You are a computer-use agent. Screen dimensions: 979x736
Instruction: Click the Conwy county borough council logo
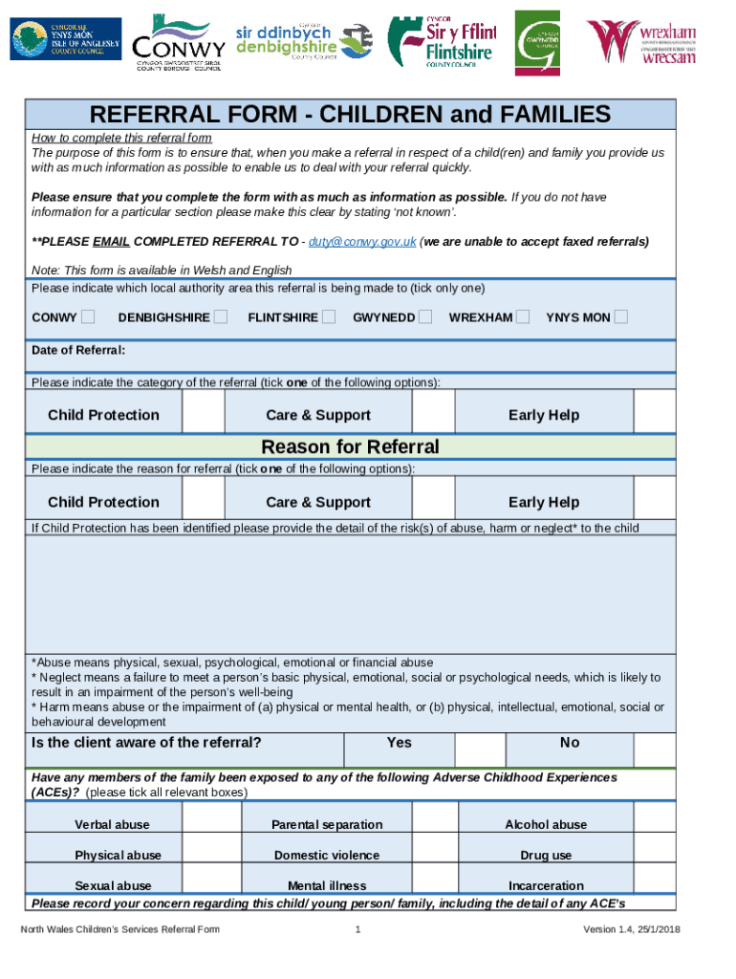[178, 43]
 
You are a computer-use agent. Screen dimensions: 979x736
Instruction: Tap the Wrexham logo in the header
[641, 41]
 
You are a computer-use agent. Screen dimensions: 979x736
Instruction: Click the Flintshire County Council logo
[441, 42]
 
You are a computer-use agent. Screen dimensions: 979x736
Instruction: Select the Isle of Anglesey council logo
[66, 39]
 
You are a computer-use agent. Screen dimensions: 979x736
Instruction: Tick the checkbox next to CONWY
[88, 316]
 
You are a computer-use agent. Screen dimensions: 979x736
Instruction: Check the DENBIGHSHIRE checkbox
[221, 316]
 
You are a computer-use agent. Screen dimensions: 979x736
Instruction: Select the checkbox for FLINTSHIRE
[329, 316]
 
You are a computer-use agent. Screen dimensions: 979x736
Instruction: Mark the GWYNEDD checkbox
[425, 316]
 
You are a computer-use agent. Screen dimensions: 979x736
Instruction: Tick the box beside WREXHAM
[522, 316]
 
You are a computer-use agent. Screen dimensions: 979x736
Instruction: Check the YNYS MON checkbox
[621, 316]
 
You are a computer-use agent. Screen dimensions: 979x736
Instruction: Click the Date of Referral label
[78, 350]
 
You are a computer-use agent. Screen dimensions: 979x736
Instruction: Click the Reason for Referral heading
[350, 446]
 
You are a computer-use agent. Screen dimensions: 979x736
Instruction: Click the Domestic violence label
[326, 855]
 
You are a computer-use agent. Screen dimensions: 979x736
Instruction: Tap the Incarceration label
[546, 885]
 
